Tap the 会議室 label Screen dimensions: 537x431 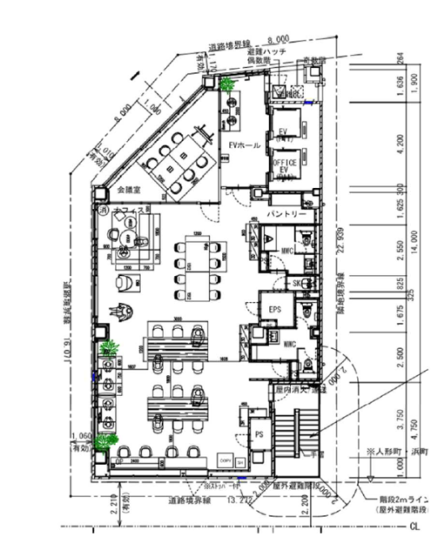click(x=131, y=190)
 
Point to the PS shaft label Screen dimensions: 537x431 click(x=258, y=434)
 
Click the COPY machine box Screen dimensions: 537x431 click(x=225, y=461)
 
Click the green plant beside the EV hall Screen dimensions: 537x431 click(x=227, y=83)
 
